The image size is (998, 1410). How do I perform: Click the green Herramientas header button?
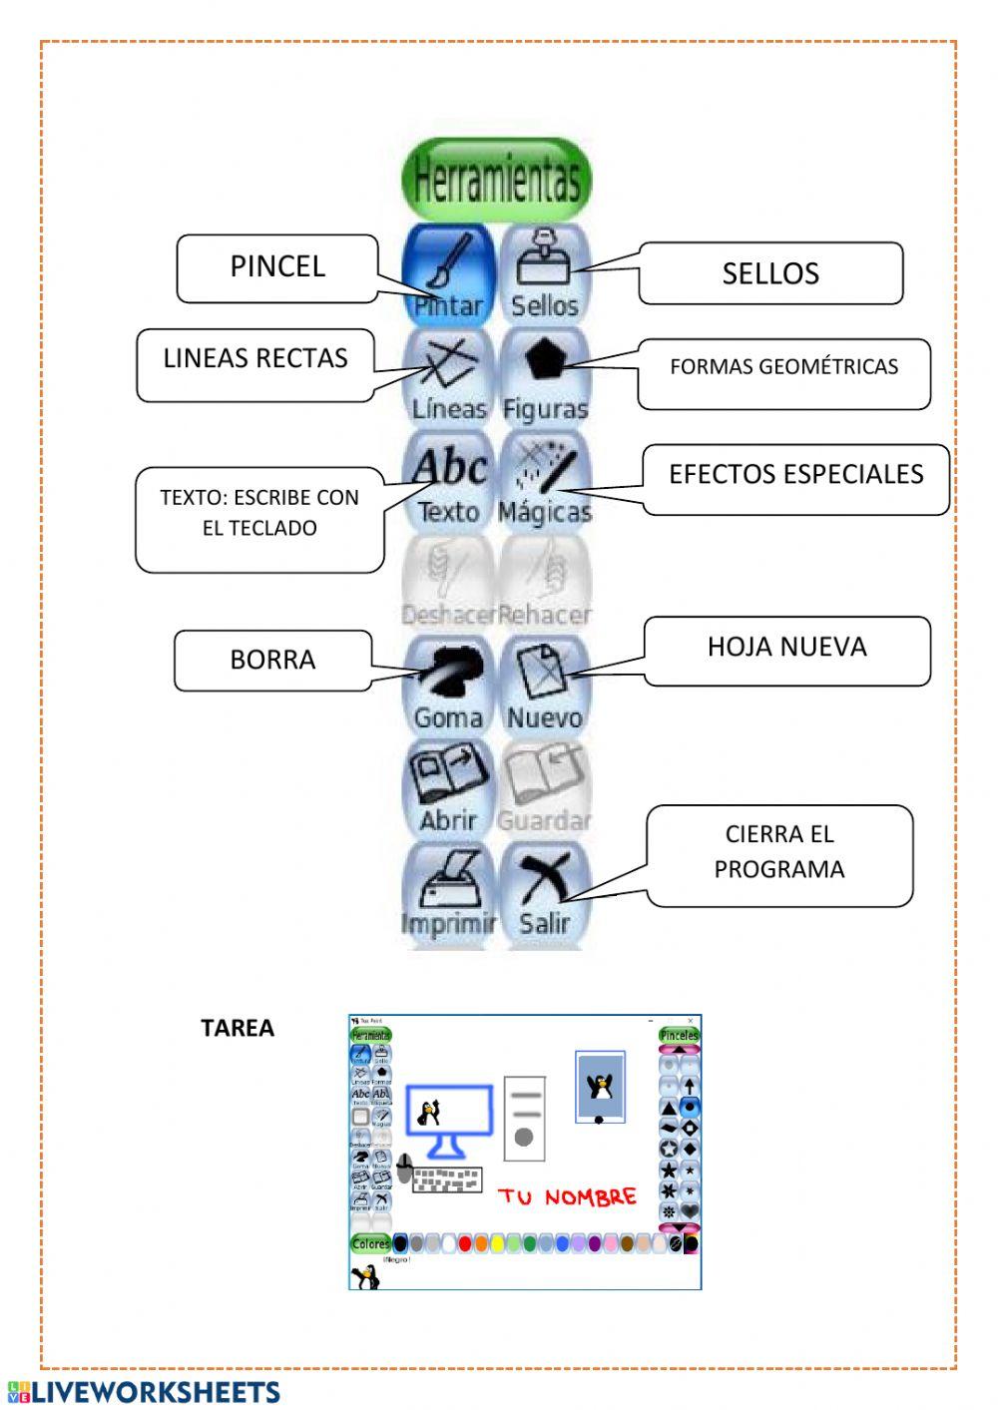coord(496,180)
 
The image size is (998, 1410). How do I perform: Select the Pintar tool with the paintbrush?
coord(448,273)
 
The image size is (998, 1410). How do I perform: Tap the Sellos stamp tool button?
coord(545,273)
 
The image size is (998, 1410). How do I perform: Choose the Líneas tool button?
coord(448,376)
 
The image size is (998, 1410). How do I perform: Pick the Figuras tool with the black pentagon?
coord(545,376)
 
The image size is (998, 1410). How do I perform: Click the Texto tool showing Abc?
coord(448,480)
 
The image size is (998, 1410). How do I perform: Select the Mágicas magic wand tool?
coord(545,480)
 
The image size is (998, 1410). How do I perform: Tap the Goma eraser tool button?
coord(448,686)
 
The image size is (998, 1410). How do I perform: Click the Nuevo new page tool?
coord(545,686)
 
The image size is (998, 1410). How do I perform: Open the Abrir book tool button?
coord(448,788)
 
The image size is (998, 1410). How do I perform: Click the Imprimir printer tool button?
coord(448,891)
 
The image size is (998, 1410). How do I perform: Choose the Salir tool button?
coord(545,891)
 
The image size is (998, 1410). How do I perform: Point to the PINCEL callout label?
coord(277,266)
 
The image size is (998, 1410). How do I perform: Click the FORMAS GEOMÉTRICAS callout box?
coord(783,367)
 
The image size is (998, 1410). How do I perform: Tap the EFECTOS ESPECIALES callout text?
coord(795,475)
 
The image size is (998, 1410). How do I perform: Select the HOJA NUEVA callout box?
coord(786,648)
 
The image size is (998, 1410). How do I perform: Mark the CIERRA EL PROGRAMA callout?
coord(778,852)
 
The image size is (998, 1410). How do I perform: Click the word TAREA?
coord(238,1028)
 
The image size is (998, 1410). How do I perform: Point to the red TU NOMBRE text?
coord(567,1196)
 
